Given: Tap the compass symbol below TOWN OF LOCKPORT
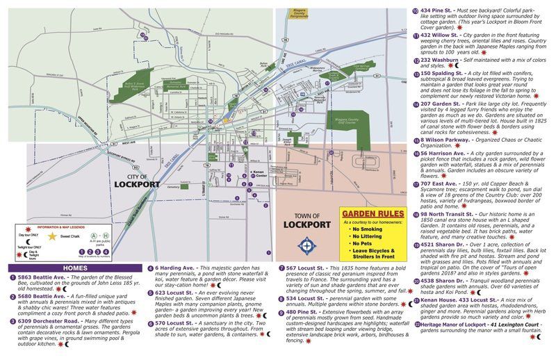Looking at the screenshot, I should (307, 245).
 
